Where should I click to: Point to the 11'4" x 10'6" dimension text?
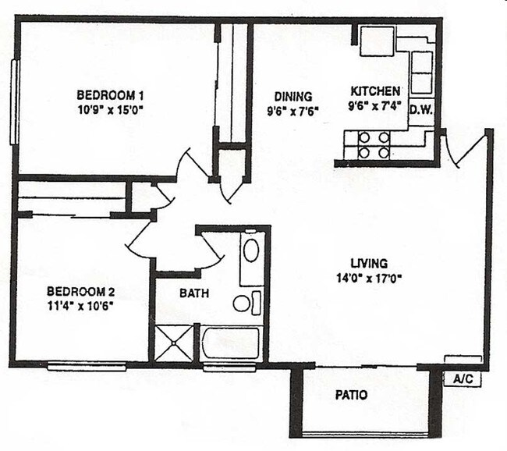coord(80,305)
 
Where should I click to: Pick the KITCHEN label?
coord(375,91)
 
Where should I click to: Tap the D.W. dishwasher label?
coord(421,109)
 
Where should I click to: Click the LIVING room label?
coord(369,263)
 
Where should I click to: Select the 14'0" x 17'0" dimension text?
coord(369,277)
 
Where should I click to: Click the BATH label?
coord(193,294)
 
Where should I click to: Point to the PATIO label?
coord(352,396)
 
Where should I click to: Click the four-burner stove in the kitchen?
coord(374,144)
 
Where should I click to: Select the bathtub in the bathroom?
coord(230,343)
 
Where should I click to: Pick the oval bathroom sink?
coord(251,250)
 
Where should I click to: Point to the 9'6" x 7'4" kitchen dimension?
coord(375,105)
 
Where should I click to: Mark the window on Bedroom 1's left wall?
coord(13,101)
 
